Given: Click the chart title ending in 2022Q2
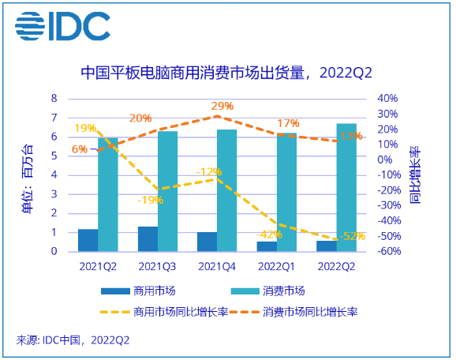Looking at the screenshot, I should pos(226,73).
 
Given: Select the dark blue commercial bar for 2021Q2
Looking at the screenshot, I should pos(88,240).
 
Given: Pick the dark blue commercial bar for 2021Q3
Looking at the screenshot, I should pos(148,238).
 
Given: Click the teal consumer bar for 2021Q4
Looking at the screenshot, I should pos(227,190).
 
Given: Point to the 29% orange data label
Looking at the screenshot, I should pos(222,107).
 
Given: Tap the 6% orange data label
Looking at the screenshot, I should pos(80,149).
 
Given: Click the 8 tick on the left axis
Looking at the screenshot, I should pos(54,99).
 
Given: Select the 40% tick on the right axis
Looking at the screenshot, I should pos(387,99).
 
